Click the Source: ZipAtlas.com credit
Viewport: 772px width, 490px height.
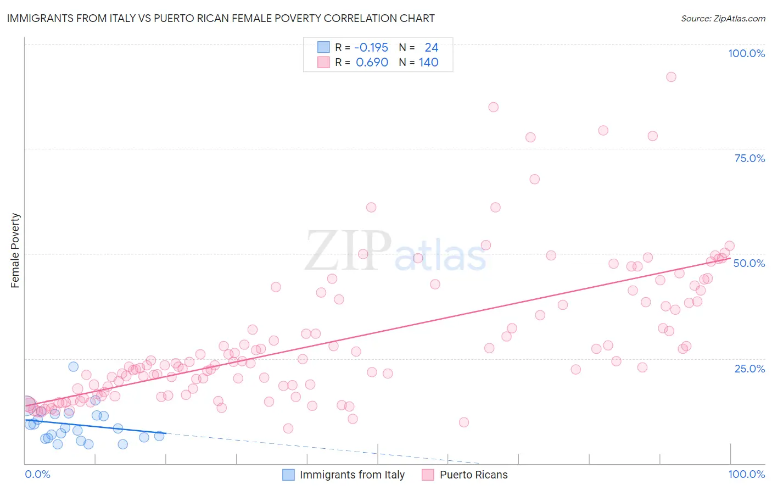(x=723, y=19)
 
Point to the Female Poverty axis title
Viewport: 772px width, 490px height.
(x=15, y=250)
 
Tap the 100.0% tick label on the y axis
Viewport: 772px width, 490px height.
(x=746, y=53)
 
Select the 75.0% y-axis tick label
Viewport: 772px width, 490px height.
(x=749, y=158)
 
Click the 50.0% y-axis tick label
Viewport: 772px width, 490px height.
(x=749, y=263)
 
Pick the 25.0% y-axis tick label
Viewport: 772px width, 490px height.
(x=749, y=368)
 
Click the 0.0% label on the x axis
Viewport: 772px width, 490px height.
(x=37, y=474)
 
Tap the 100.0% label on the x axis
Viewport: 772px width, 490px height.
(x=746, y=474)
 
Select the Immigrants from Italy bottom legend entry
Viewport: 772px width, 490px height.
(x=351, y=475)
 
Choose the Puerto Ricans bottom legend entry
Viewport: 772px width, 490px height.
(x=473, y=475)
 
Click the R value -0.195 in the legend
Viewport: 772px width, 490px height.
(x=371, y=48)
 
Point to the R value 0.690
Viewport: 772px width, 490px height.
(x=372, y=63)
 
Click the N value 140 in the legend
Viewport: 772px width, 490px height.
(x=428, y=63)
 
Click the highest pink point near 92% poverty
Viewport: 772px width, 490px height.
(x=671, y=77)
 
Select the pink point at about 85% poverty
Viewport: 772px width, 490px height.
(x=494, y=107)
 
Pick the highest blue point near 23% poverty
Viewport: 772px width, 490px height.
(x=73, y=366)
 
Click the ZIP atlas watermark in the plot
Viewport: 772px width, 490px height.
(x=395, y=251)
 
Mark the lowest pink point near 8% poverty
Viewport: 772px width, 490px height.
(x=288, y=428)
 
